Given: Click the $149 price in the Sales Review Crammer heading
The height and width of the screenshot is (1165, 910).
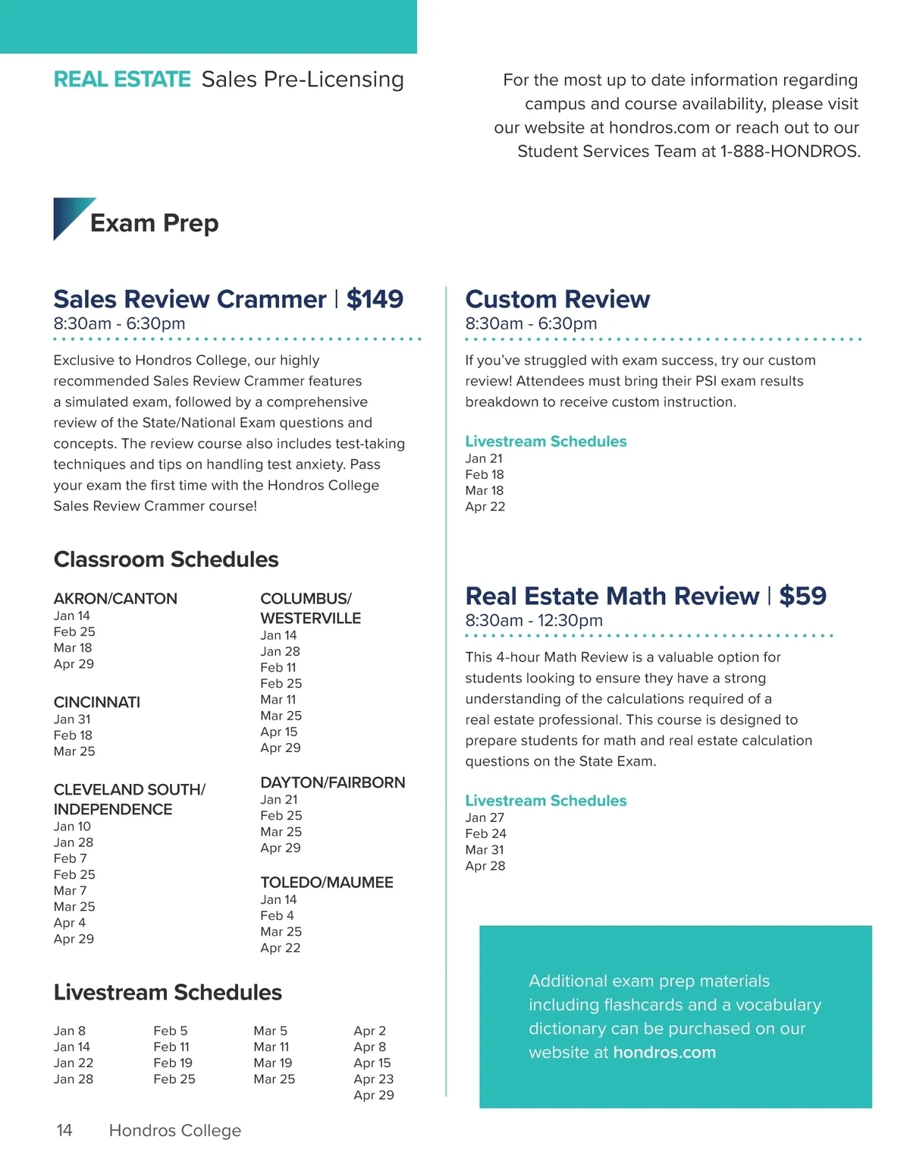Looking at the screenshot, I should pos(375,299).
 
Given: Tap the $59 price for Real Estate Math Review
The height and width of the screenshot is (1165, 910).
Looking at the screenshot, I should pos(802,596).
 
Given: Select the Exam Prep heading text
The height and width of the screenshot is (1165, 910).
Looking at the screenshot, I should pos(154,223).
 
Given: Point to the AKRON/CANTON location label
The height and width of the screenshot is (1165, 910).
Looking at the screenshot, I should pos(115,598).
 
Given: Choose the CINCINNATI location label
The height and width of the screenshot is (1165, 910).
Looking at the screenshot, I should pos(97,702).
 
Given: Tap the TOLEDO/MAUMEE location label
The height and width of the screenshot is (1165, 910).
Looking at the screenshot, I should pos(327,882).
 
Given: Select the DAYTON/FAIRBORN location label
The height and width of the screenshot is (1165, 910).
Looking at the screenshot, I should pos(333,782).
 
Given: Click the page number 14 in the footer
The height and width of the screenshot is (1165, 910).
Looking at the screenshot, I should pos(64,1130).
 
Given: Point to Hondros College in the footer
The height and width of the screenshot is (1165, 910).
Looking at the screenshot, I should pos(175,1130).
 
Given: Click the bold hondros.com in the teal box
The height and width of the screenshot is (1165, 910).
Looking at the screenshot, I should pos(664,1053).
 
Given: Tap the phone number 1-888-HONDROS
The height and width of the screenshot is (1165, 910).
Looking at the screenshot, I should pos(790,152).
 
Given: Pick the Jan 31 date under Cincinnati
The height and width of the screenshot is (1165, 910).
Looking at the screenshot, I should pos(72,719).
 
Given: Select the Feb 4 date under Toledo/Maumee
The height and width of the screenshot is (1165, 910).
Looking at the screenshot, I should pos(277,915).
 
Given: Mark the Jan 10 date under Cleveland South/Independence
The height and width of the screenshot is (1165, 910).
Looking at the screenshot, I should pos(72,827).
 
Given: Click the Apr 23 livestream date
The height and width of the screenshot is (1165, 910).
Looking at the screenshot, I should pos(373,1078).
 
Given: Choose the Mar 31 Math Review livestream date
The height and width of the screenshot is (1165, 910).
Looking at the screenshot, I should pos(485,850).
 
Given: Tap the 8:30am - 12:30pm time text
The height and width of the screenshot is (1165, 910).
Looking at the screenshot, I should pos(534,621).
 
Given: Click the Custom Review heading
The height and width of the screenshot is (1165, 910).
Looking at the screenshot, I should pos(557,299).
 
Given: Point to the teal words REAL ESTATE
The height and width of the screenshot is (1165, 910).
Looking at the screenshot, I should pos(122,80).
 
